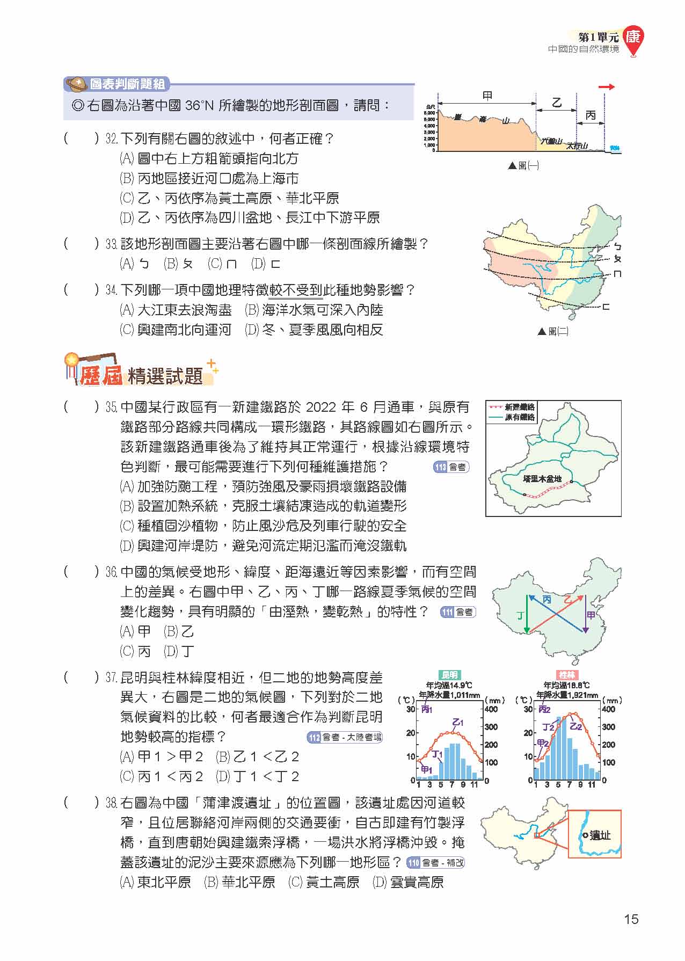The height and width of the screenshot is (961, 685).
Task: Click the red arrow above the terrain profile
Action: [607, 87]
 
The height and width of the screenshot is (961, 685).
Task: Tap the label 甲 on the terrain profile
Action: [487, 96]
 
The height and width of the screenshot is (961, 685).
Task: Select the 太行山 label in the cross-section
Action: [577, 146]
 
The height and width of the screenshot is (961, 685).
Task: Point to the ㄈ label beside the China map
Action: [606, 307]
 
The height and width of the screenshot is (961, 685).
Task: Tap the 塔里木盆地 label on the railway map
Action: [542, 478]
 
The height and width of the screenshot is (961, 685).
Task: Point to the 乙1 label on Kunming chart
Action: [458, 722]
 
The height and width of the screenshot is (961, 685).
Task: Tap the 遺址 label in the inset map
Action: [600, 835]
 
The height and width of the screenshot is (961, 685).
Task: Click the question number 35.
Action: [111, 407]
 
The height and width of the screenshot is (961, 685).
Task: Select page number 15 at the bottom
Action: [631, 919]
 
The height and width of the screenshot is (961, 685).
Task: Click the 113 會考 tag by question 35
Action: [451, 467]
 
